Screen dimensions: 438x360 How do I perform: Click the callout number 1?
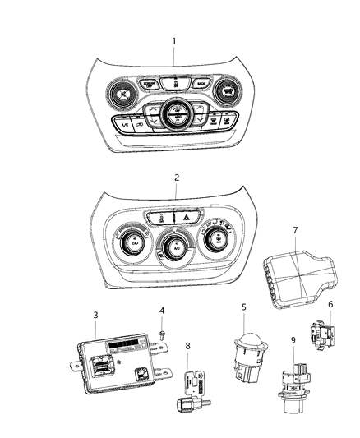(x=174, y=40)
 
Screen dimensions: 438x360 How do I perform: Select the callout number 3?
(x=95, y=315)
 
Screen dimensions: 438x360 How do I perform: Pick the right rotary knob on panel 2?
(x=218, y=241)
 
